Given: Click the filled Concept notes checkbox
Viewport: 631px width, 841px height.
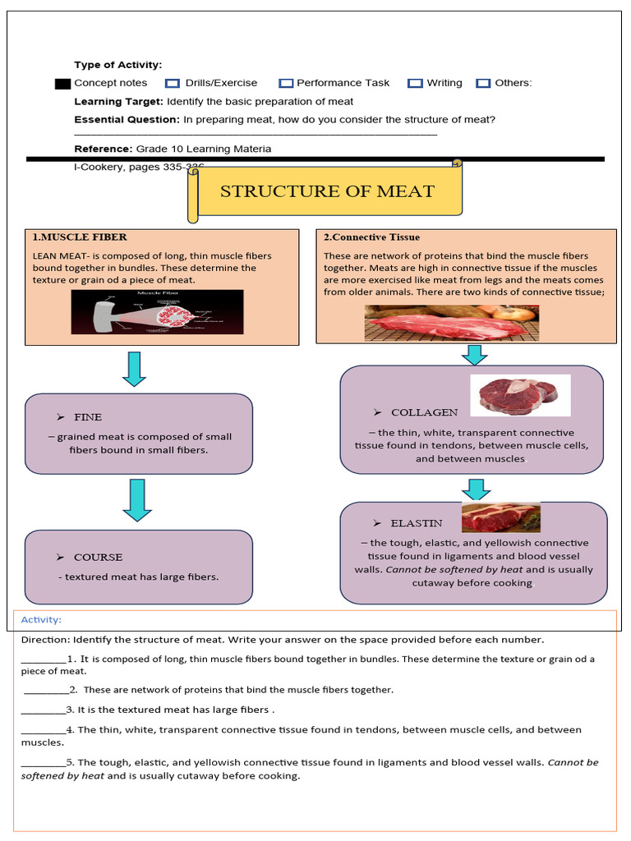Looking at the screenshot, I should (x=62, y=83).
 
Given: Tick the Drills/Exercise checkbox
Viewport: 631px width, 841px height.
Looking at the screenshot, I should (x=173, y=83).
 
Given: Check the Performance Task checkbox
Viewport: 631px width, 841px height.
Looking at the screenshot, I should (x=286, y=83).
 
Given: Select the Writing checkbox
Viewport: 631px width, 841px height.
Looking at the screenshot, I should (x=415, y=83).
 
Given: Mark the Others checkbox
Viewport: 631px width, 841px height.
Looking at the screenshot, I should (x=483, y=83).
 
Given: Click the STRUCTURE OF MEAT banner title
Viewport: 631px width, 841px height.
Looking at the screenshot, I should (x=327, y=191).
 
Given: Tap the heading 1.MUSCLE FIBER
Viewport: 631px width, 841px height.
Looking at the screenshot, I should (x=80, y=237).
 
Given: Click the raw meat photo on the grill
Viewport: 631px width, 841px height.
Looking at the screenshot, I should (x=451, y=322).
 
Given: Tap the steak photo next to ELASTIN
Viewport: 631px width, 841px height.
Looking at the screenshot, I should (x=501, y=518).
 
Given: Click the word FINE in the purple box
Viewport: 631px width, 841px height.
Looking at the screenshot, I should (x=88, y=417).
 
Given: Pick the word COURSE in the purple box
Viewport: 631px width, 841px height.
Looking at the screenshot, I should (x=98, y=557).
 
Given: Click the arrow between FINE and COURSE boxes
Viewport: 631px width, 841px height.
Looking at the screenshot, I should (x=136, y=501).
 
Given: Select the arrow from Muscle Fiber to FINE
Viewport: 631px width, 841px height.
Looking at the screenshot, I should (x=133, y=369).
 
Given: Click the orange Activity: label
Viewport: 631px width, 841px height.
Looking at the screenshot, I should (x=41, y=620).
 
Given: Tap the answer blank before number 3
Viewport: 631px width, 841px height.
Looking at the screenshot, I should (x=43, y=710).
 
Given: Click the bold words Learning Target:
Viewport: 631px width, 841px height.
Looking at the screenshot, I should (x=118, y=102).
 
